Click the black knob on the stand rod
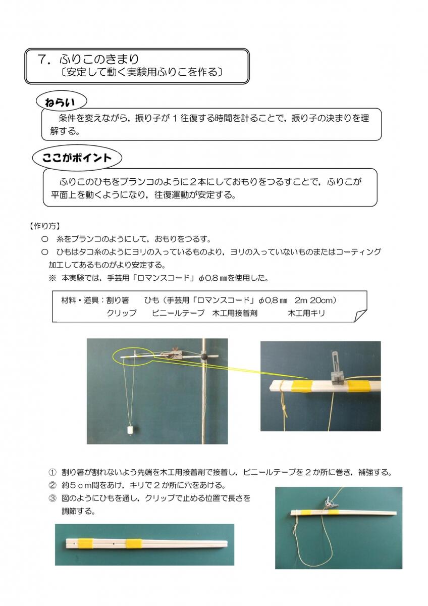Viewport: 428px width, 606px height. tap(204, 356)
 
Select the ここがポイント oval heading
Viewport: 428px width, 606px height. tap(77, 158)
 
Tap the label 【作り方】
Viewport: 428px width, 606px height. tap(45, 226)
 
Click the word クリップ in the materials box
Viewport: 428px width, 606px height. tap(121, 313)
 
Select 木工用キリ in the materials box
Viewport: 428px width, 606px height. tap(306, 313)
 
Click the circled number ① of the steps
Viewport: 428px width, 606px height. tap(52, 473)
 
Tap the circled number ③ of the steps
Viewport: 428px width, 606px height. tap(52, 498)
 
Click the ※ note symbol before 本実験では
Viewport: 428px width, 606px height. tap(52, 278)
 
